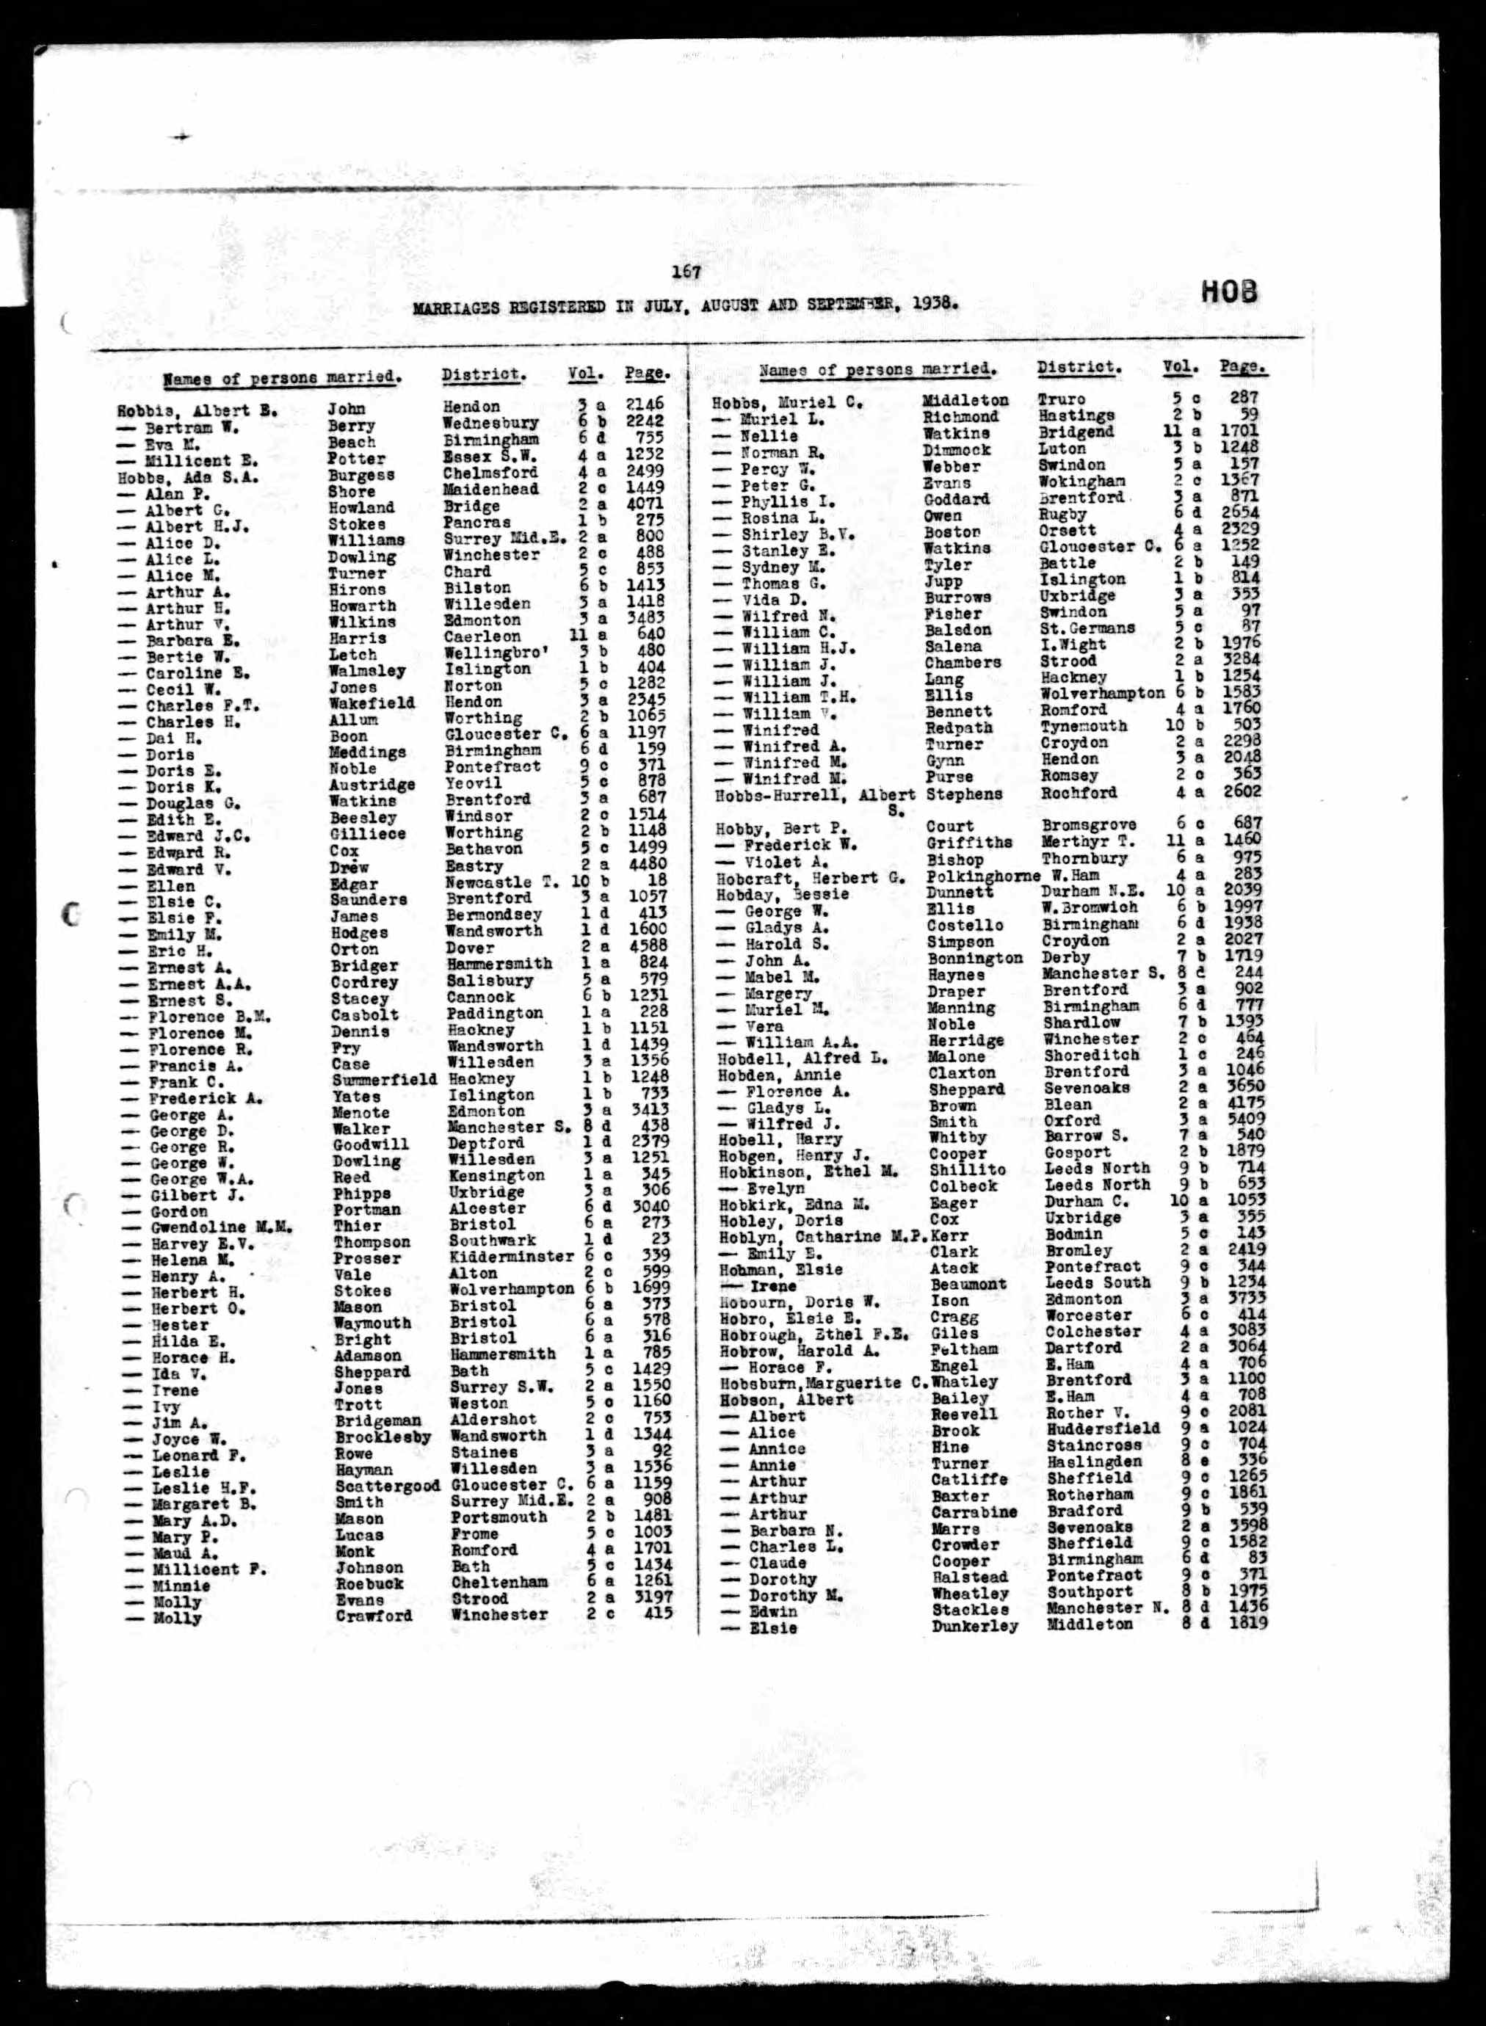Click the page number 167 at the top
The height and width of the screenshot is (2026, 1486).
tap(686, 271)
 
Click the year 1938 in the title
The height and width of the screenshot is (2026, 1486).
tap(930, 304)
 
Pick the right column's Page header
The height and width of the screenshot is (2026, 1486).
tap(1242, 367)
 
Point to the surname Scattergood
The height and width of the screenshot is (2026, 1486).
tap(387, 1486)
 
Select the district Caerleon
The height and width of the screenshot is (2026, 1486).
tap(482, 636)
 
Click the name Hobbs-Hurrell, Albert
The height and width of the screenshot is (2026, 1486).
tap(815, 795)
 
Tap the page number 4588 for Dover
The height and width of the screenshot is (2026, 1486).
tap(647, 947)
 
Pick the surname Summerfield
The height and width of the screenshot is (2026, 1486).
tap(384, 1079)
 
